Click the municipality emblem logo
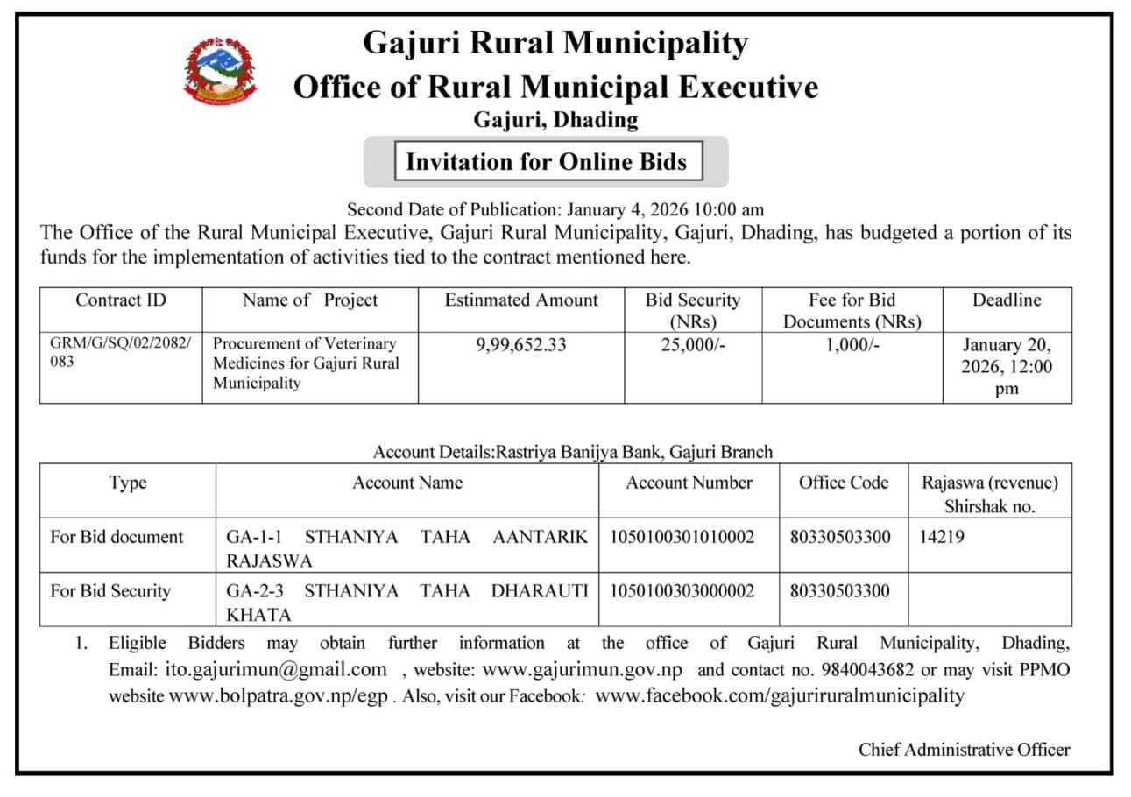(220, 71)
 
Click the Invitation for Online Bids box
(548, 162)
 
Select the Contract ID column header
(121, 300)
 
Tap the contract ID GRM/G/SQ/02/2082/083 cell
(121, 352)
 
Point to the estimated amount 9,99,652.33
(521, 345)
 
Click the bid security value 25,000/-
(692, 345)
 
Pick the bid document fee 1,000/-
(852, 345)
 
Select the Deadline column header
(1007, 300)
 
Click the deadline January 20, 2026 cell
(1007, 367)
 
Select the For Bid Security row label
(110, 591)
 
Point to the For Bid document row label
(117, 537)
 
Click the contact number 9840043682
(867, 670)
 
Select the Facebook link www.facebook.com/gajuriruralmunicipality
(780, 696)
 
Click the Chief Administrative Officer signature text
(964, 750)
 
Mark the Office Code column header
(843, 483)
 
